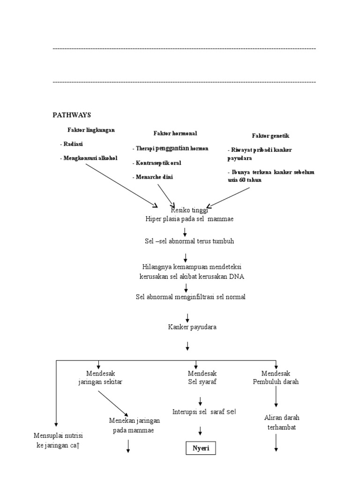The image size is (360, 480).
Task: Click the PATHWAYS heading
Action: [x=72, y=115]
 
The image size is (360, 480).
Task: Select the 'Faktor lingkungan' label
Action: [x=91, y=130]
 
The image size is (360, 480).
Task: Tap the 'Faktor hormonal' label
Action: [x=175, y=134]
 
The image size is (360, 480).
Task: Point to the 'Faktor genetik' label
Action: [x=270, y=136]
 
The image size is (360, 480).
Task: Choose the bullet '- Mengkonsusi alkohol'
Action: [x=89, y=158]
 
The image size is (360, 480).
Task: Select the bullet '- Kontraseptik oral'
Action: [x=157, y=163]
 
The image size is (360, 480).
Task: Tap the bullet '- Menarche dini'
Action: [x=152, y=177]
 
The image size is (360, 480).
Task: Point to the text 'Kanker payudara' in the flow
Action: [x=192, y=327]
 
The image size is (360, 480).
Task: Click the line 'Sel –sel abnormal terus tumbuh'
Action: [x=189, y=241]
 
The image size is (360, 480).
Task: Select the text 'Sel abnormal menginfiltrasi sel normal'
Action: [x=190, y=297]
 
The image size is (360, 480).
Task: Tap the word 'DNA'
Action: [x=236, y=277]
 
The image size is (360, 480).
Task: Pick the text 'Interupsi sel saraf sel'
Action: [x=204, y=412]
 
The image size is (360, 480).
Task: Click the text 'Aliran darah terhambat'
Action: [x=282, y=422]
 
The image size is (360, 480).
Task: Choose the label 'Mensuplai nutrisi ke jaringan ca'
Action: [x=59, y=441]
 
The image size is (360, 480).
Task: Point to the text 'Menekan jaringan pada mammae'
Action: [x=135, y=426]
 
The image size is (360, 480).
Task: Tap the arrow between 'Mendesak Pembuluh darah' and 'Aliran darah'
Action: [x=276, y=397]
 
